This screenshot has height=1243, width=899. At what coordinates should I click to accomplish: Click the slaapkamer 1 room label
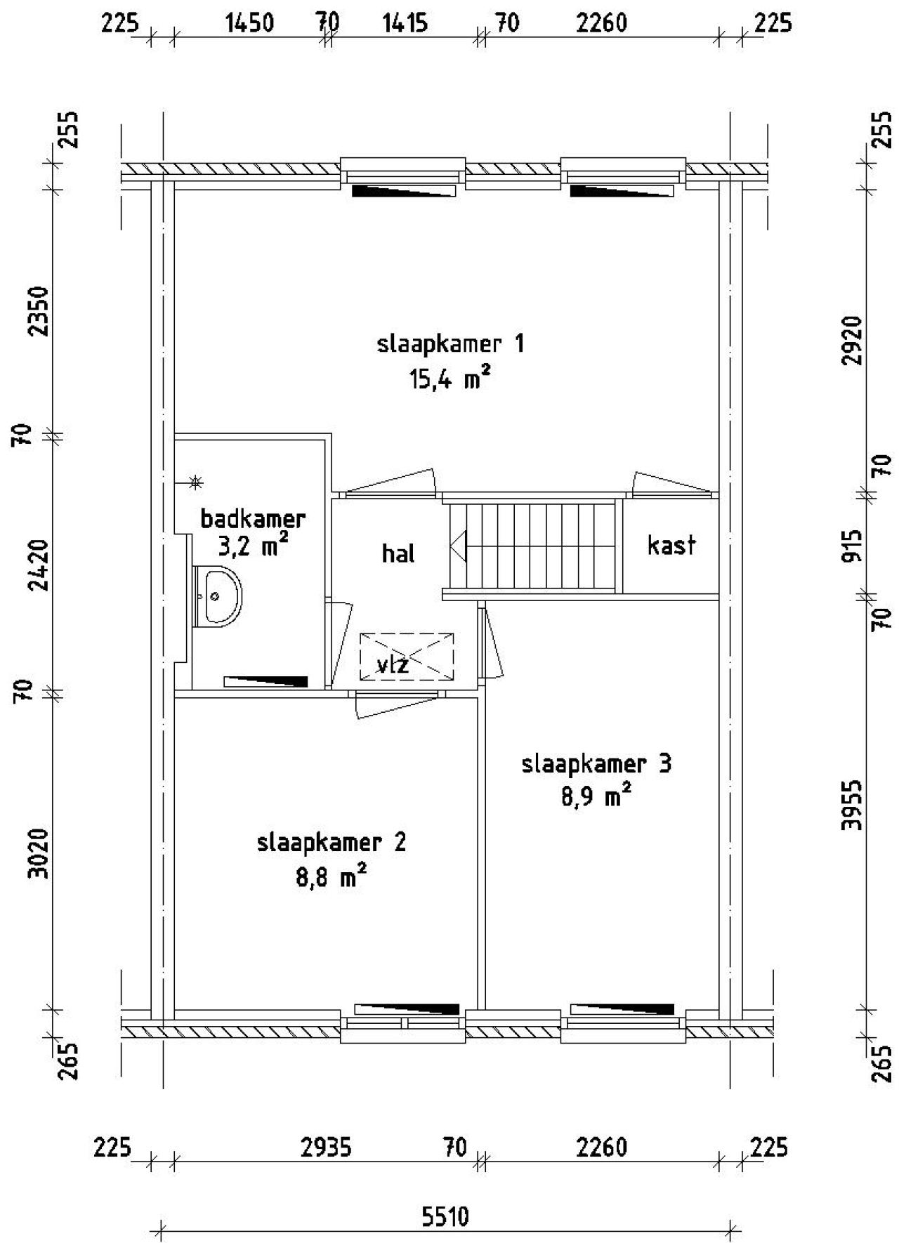pos(450,344)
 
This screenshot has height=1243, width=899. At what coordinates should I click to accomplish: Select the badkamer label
pos(253,519)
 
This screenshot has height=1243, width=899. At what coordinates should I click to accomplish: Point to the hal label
pos(398,554)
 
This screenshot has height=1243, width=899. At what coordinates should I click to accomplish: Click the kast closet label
pos(671,545)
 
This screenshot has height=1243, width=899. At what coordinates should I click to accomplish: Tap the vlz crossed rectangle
pos(407,657)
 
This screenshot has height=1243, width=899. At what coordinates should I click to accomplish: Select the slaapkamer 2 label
pos(332,842)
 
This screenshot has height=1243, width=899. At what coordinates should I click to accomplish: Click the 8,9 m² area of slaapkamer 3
pos(596,798)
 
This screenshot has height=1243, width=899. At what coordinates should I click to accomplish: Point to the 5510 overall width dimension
pos(445,1216)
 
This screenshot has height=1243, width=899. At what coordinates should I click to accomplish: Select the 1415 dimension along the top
pos(405,23)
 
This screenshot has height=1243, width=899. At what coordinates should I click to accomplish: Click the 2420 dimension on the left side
pos(41,565)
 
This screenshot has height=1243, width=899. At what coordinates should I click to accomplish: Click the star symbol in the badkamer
pos(196,482)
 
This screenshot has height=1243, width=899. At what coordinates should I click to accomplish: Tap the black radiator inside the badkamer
pos(266,681)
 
